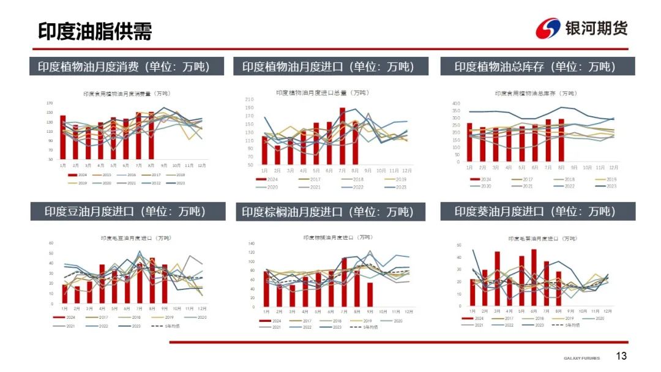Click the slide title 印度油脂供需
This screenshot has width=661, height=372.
[x=95, y=31]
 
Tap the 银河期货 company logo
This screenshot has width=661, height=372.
[x=581, y=28]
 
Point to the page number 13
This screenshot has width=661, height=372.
[x=621, y=356]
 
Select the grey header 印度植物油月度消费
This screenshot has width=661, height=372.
[x=120, y=67]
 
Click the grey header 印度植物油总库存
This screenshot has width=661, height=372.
[x=537, y=67]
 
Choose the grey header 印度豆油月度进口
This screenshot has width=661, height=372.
[x=125, y=212]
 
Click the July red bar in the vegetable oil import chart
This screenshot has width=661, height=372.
[x=342, y=136]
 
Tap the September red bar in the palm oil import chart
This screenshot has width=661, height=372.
[x=370, y=294]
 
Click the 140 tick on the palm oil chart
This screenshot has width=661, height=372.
[x=251, y=244]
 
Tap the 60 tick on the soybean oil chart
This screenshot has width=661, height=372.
[x=51, y=243]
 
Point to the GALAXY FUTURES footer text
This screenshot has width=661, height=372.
[x=582, y=358]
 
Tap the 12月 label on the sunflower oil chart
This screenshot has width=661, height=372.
[x=608, y=311]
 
